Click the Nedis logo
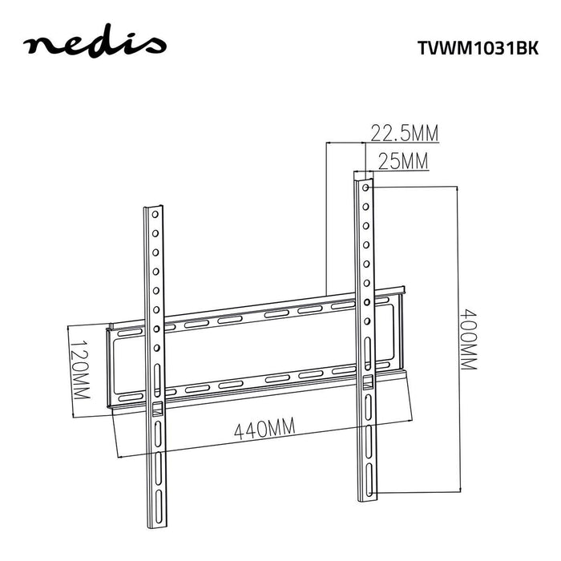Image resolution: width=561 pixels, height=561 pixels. (95, 45)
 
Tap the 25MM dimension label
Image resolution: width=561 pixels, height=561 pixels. (403, 162)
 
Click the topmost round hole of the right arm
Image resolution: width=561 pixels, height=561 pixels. (365, 188)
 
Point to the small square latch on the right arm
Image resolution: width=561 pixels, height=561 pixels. (368, 382)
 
